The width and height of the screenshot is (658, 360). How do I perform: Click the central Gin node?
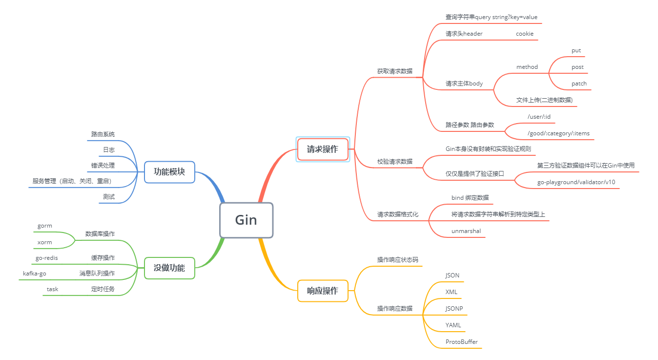point(246,220)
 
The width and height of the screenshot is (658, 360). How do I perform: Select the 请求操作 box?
point(323,149)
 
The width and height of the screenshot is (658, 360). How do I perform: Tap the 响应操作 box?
point(323,291)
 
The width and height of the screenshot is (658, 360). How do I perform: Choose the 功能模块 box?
point(169,172)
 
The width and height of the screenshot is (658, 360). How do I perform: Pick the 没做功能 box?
point(169,268)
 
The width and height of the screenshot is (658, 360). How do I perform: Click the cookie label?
point(524,34)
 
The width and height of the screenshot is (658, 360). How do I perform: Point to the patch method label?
point(579,84)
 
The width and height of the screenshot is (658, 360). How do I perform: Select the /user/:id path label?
point(538,117)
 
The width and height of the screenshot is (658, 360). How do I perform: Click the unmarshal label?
point(466,231)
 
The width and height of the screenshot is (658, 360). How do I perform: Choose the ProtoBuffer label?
point(461,341)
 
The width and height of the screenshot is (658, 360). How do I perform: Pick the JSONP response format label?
point(454,308)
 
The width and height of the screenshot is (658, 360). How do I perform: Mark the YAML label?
point(453,325)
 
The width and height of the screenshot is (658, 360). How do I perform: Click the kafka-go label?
point(35,274)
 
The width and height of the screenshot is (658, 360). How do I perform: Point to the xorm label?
point(44,242)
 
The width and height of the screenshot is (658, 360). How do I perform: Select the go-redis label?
point(47,257)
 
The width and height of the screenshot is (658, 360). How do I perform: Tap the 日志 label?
point(109,149)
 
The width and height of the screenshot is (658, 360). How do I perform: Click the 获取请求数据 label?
point(394,71)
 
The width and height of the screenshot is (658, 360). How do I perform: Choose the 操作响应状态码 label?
point(397,259)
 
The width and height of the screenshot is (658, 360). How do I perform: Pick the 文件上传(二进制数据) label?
point(544,100)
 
